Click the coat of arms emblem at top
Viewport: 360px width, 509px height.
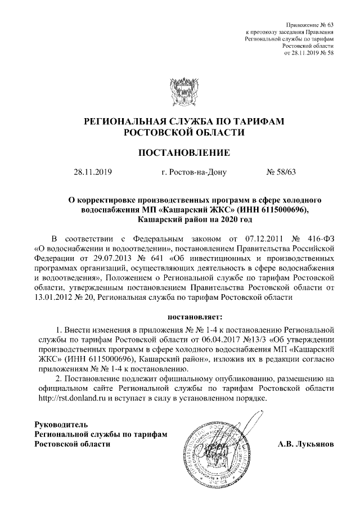coord(179,89)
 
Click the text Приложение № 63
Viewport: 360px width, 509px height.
coord(310,26)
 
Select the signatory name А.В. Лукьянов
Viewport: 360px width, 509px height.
coord(306,444)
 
